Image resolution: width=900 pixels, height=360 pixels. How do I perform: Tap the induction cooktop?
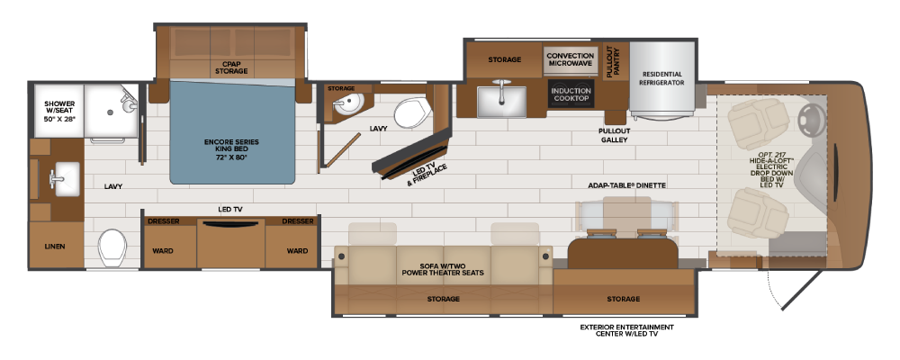[571, 94]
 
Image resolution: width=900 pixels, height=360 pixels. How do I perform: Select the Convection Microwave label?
[570, 59]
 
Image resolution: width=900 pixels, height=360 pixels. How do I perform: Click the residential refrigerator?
[663, 80]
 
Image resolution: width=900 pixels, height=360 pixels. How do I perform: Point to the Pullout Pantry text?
[613, 61]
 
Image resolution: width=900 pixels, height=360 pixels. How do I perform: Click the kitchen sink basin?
[502, 101]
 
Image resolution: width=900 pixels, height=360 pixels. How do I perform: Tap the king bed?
[232, 132]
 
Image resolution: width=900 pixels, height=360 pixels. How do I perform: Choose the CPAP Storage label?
[231, 67]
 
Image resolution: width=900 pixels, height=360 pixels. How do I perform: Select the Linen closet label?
[55, 247]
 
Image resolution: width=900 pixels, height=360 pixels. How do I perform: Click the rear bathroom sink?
[63, 178]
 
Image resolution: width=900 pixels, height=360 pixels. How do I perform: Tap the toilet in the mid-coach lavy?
[411, 112]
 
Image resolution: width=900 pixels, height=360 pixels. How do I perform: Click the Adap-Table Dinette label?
[621, 185]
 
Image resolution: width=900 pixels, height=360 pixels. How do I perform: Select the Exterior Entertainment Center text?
[626, 330]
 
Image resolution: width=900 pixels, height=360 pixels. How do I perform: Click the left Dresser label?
[164, 221]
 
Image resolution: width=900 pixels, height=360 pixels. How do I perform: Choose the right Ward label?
[297, 251]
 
